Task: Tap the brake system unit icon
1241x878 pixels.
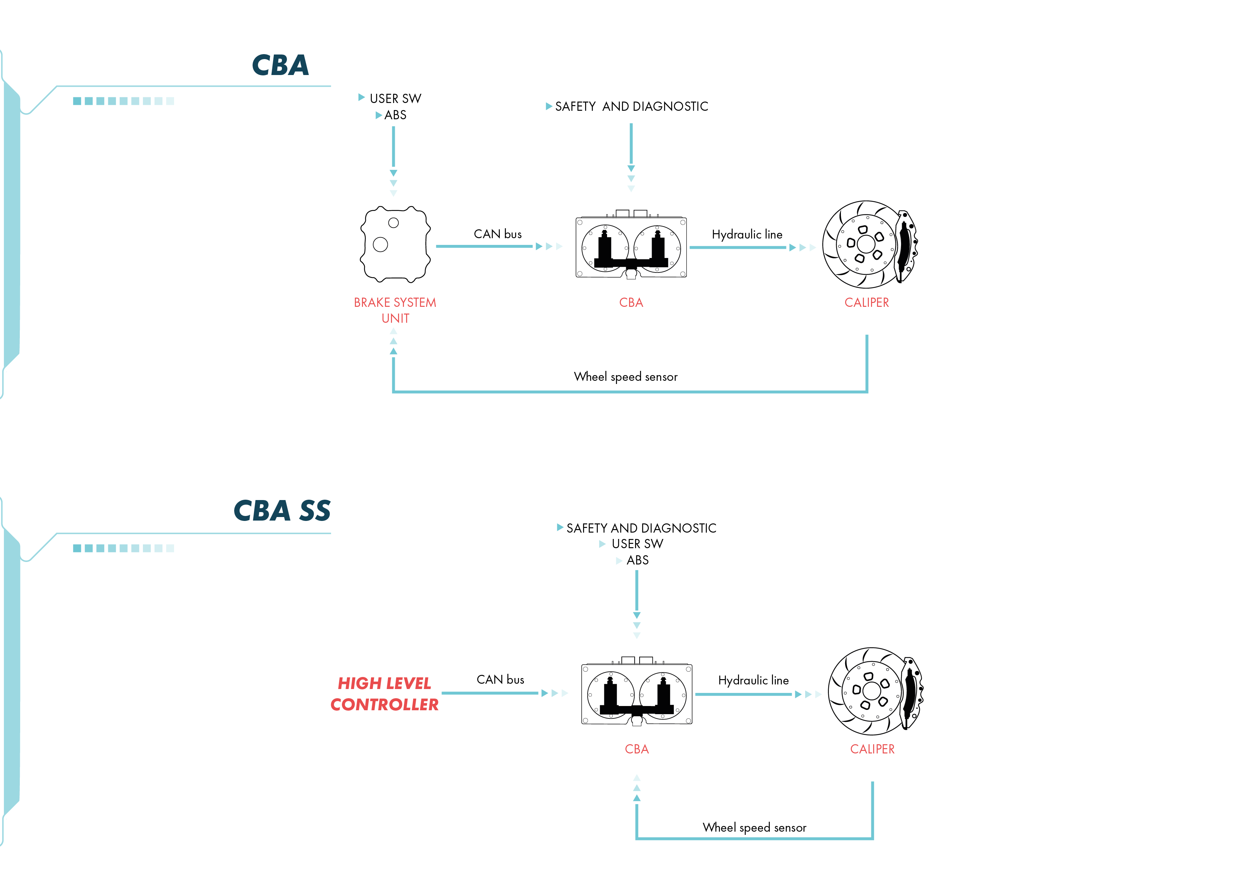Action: coord(395,245)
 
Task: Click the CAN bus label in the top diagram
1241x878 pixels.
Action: coord(498,234)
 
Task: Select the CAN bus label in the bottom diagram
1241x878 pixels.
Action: coord(501,679)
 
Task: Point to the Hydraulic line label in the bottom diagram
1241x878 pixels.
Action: coord(754,680)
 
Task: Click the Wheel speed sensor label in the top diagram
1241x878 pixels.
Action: coord(626,377)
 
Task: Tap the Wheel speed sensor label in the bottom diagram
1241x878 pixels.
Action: coord(755,828)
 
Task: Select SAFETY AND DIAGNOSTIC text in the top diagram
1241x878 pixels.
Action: coord(631,107)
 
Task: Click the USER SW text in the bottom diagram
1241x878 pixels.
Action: coord(637,544)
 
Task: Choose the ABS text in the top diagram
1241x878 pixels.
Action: coord(395,115)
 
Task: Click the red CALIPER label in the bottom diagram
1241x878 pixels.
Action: coord(872,749)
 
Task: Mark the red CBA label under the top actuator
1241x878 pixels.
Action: coord(631,303)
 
